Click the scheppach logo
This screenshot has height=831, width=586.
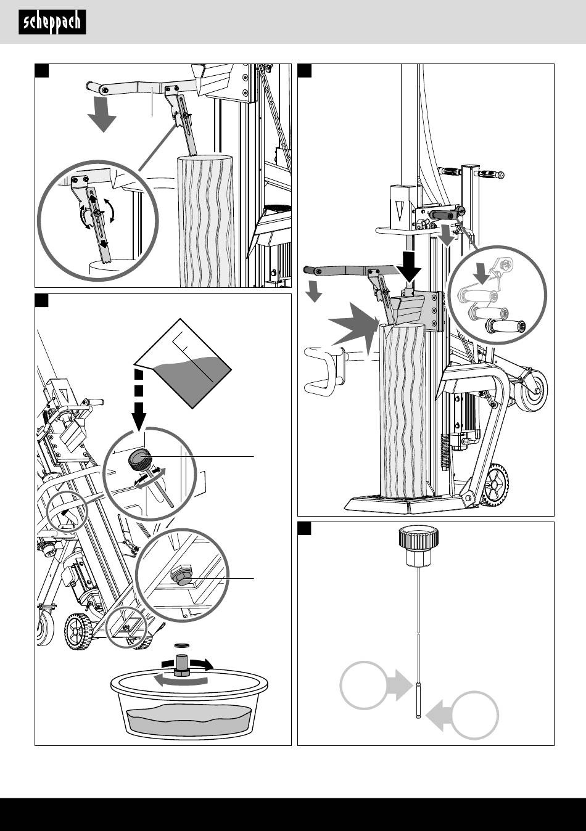[x=52, y=23]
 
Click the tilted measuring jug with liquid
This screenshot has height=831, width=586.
[x=184, y=364]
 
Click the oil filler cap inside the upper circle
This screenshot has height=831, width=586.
[x=140, y=459]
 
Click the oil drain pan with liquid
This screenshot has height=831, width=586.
[x=190, y=706]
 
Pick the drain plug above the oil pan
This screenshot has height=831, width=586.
[x=182, y=666]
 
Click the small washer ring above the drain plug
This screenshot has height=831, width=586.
[x=182, y=645]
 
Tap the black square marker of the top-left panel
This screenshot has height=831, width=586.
[x=41, y=71]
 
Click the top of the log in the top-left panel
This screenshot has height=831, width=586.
[x=205, y=158]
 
